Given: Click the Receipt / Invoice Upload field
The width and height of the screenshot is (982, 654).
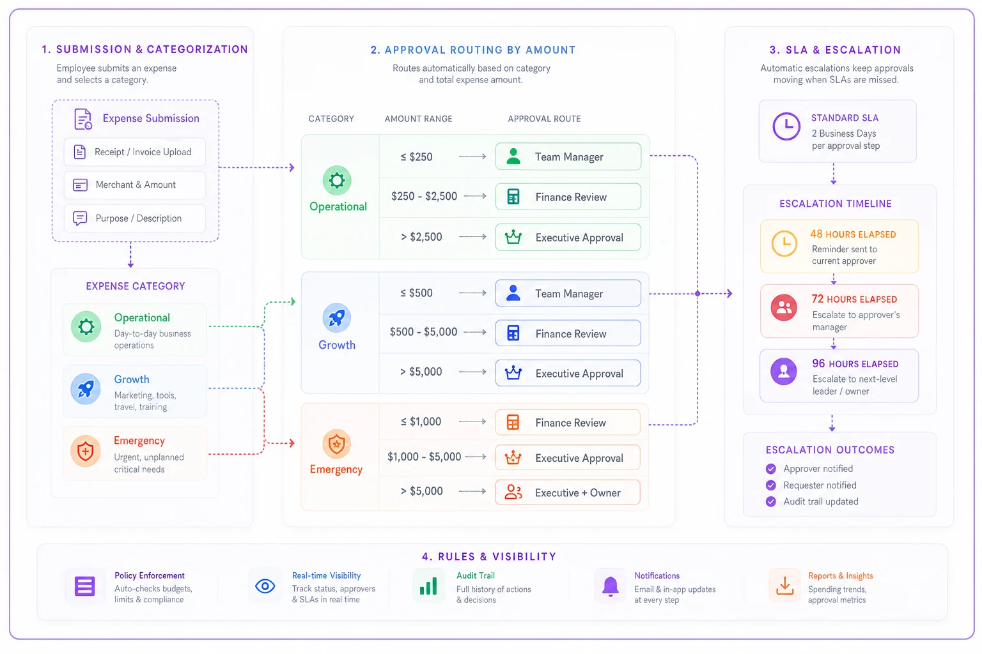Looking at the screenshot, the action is click(135, 152).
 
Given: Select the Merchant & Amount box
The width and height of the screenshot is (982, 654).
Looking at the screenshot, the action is click(135, 185).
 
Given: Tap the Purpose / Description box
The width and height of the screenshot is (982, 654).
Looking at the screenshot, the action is click(135, 218).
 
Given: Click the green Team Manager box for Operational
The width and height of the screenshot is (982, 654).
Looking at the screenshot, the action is click(568, 156).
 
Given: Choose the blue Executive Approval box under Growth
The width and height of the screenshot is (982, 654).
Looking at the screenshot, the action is click(568, 373).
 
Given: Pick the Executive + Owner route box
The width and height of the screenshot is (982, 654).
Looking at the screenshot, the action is click(568, 492).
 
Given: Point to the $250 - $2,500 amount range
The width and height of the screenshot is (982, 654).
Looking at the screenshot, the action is click(424, 196).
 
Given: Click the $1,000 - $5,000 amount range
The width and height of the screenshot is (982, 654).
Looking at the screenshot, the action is click(424, 457).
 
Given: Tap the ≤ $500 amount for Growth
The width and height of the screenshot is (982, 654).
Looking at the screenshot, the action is click(416, 293).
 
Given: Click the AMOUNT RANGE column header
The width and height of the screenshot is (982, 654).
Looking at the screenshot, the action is click(418, 119).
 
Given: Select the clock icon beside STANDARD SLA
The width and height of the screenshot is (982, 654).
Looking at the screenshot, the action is click(786, 126).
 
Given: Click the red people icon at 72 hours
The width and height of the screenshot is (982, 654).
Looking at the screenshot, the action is click(784, 307).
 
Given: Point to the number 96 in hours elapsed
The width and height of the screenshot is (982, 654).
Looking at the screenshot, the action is click(818, 363).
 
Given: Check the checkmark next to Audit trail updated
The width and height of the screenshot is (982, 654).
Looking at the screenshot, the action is click(770, 501).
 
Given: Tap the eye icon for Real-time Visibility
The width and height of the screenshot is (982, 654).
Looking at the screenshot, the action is click(265, 586).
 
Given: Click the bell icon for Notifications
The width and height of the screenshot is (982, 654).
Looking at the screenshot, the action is click(611, 586).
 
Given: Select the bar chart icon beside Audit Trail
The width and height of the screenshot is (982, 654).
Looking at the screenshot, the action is click(428, 586).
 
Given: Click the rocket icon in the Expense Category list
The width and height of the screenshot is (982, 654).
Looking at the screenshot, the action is click(86, 388).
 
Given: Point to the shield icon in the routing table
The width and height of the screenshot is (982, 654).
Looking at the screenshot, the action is click(336, 443).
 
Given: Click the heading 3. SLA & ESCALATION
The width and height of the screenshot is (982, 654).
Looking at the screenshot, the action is click(835, 50).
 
